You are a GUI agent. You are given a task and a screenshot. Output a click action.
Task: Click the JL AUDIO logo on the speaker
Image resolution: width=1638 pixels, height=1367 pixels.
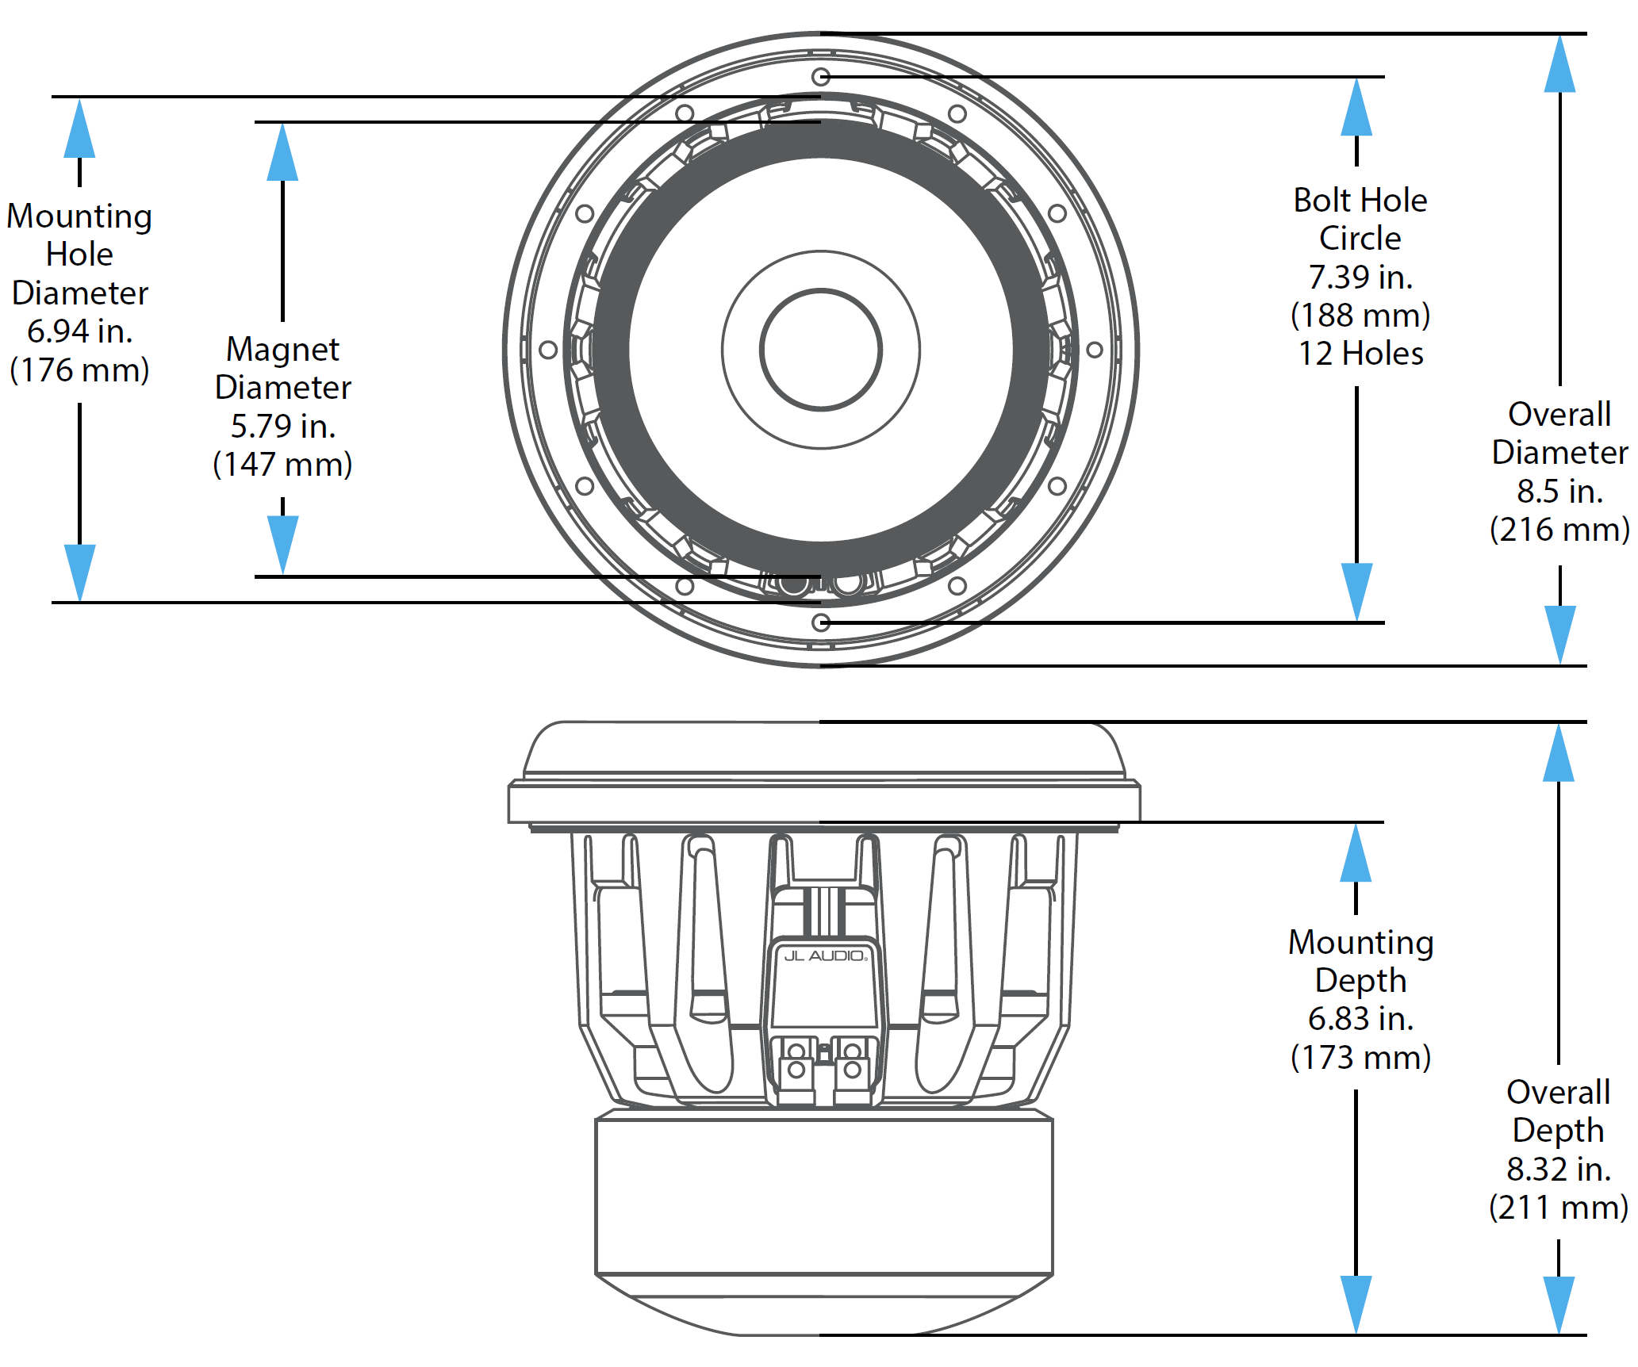(x=825, y=955)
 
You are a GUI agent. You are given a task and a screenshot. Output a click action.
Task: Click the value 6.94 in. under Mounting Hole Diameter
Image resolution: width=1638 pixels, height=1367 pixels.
(x=79, y=331)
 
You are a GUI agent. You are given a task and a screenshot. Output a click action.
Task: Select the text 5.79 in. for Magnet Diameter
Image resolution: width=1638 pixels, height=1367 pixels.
(x=283, y=427)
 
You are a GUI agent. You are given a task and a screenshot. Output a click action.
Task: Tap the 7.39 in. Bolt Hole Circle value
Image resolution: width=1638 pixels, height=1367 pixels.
(x=1360, y=277)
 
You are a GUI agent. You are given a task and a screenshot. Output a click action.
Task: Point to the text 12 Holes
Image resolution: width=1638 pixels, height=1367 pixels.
(x=1360, y=354)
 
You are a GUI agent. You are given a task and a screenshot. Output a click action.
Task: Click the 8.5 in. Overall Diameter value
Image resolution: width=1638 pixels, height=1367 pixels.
(x=1559, y=492)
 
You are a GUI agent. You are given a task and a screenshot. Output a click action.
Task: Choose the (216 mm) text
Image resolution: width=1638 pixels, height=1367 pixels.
(x=1559, y=530)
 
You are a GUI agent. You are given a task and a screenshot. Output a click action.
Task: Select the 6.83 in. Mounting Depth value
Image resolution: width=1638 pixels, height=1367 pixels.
(x=1360, y=1019)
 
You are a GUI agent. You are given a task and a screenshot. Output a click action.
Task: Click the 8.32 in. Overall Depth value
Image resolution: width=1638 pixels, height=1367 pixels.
(x=1559, y=1170)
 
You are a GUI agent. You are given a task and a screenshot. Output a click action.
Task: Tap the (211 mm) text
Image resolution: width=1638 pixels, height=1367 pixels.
(x=1559, y=1208)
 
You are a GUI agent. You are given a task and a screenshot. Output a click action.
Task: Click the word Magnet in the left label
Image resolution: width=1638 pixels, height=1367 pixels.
(x=283, y=350)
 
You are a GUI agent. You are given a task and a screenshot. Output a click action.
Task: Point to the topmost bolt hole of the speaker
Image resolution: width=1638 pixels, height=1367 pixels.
(x=821, y=77)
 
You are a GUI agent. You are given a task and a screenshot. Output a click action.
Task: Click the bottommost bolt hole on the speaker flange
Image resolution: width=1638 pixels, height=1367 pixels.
(x=822, y=622)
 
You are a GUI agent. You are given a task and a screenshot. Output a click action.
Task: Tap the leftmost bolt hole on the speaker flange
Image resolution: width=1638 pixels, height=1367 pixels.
(x=548, y=350)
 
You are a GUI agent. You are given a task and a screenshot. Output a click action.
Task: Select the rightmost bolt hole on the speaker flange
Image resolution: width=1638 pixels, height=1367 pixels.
(x=1095, y=350)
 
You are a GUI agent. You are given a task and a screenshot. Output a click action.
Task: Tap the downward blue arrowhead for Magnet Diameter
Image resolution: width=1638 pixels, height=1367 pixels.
(x=283, y=543)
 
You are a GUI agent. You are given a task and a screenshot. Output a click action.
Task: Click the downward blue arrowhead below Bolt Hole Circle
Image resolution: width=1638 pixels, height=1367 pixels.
(x=1357, y=591)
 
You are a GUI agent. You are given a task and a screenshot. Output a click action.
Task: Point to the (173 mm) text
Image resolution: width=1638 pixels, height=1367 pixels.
(x=1360, y=1058)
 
